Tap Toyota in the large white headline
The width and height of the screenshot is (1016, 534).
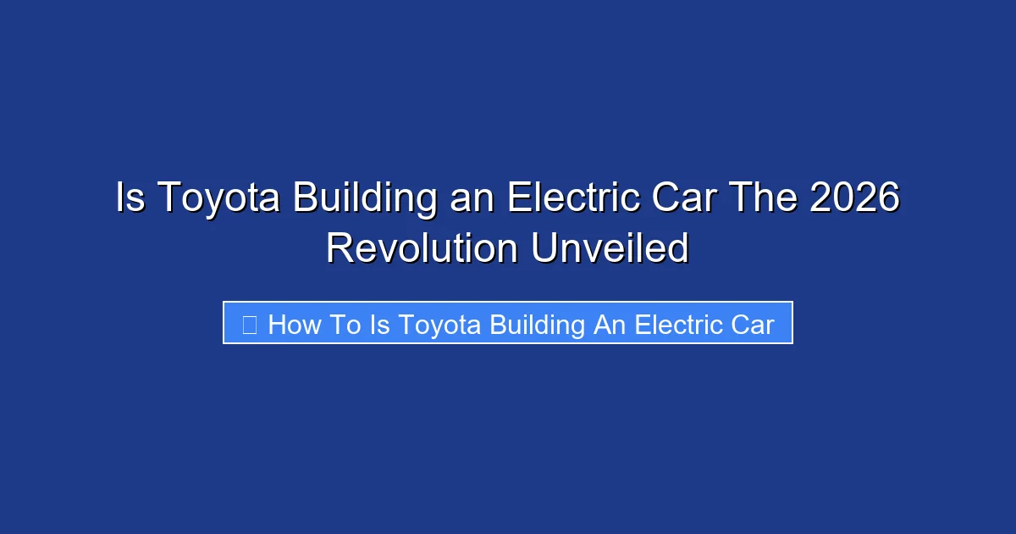pos(218,198)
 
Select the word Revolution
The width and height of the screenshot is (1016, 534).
pos(422,249)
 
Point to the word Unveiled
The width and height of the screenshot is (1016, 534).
pos(610,249)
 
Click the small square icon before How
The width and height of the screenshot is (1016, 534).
pos(249,324)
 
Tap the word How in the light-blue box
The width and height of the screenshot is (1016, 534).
pos(293,324)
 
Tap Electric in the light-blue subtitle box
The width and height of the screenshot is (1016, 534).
pos(678,324)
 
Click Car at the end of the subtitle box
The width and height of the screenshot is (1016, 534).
pos(752,324)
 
